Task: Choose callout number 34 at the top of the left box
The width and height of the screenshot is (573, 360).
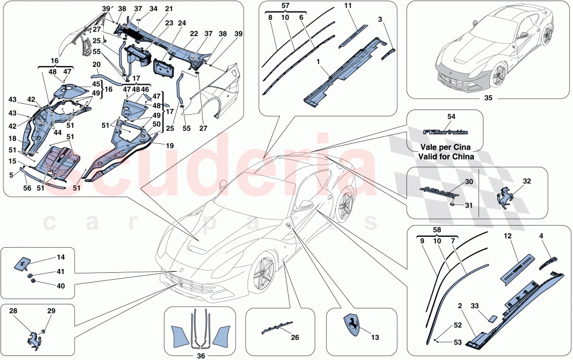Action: click(153, 9)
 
